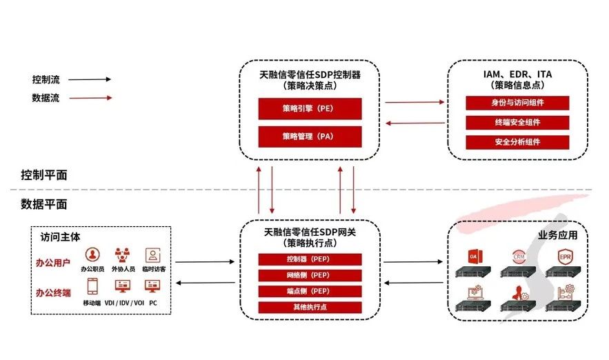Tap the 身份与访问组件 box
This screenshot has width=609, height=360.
coord(517,103)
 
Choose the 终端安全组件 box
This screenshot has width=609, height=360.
coord(517,123)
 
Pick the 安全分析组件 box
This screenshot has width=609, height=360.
coord(517,142)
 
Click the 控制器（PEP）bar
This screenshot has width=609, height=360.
coord(310,260)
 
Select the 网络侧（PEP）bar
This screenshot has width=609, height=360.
coord(310,276)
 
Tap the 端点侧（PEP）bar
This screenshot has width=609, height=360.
coord(310,292)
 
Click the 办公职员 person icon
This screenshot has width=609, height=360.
coord(92,254)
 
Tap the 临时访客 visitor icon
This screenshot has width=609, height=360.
coord(152,254)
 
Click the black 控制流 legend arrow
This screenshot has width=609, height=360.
coord(90,79)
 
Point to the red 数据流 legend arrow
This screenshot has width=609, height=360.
coord(90,99)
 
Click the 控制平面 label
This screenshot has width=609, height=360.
coord(44,175)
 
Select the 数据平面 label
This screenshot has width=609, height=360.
coord(44,204)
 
